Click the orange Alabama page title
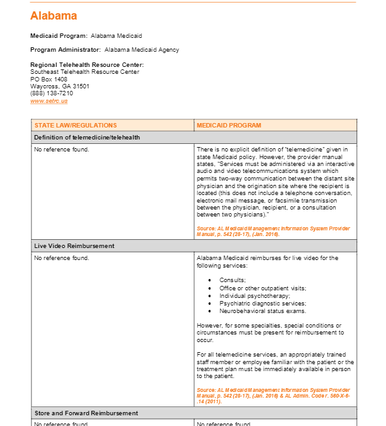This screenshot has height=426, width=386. [54, 16]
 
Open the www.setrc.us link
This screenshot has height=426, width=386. [49, 101]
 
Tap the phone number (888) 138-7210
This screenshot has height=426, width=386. [52, 93]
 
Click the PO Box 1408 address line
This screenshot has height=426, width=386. [49, 79]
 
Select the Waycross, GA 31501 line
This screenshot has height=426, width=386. [60, 86]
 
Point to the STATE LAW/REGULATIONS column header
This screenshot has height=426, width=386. [76, 126]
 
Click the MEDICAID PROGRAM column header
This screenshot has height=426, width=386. [229, 126]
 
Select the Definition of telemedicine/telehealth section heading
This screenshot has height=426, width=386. [87, 137]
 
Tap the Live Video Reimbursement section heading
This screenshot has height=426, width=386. [74, 246]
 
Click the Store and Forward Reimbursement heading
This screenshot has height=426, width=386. [86, 413]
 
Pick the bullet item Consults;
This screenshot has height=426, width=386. [233, 280]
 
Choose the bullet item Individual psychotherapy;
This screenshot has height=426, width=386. [255, 295]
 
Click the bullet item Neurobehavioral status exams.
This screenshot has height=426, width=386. [262, 311]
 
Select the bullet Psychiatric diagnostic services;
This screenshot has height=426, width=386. [260, 303]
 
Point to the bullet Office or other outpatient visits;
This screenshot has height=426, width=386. [262, 288]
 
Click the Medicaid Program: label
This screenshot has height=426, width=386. [59, 36]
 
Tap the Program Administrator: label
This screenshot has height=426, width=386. [65, 50]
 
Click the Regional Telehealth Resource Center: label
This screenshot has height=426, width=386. [87, 64]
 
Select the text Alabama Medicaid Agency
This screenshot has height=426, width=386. [142, 50]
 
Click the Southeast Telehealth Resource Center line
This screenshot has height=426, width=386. [85, 72]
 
